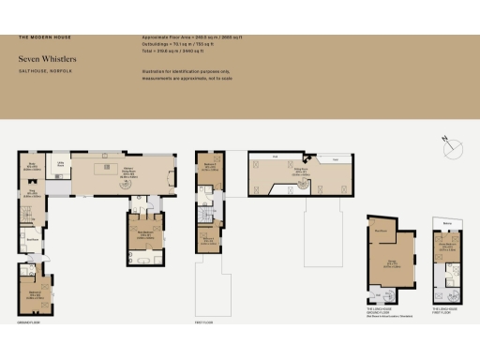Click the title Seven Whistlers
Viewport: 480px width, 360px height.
pos(47,58)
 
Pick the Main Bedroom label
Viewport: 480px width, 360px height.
pos(145,234)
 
